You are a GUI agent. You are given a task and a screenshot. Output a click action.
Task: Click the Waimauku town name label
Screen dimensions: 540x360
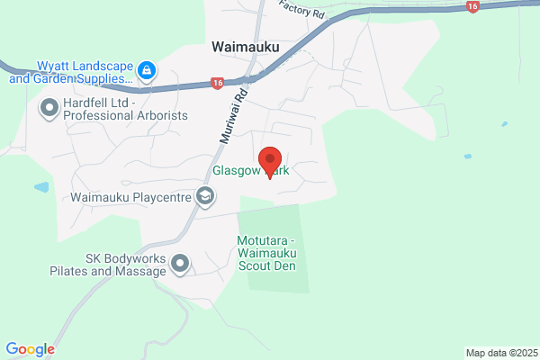[x=245, y=47]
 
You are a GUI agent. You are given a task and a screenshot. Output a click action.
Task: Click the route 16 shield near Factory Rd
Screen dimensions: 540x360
[x=472, y=6]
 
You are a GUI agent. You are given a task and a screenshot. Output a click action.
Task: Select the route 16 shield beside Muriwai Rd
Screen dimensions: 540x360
[x=217, y=84]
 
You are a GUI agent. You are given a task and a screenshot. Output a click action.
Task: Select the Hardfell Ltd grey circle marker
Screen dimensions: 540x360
[x=48, y=108]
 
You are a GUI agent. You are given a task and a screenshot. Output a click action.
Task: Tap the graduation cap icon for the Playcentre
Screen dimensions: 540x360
[x=206, y=195]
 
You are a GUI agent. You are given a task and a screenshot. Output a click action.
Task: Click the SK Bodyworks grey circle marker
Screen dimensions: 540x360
[x=180, y=264]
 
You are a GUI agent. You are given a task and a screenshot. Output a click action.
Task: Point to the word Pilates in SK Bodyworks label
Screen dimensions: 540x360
[x=73, y=271]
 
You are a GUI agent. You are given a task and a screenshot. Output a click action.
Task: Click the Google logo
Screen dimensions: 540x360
[x=30, y=349]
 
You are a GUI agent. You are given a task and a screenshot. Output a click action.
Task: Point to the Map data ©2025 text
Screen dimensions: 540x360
[x=499, y=352]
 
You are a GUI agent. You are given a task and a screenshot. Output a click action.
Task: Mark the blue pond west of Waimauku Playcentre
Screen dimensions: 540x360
[x=42, y=188]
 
